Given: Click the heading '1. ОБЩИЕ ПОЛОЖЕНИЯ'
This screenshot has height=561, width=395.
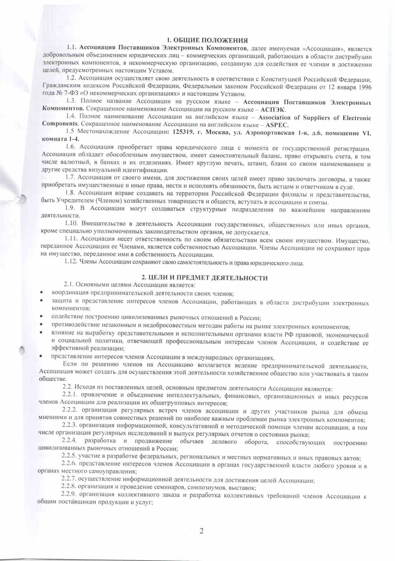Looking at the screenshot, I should coord(207,40).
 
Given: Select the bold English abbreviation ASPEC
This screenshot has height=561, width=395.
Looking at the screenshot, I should coord(277,125).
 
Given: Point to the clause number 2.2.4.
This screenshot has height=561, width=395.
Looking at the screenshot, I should coord(69,441).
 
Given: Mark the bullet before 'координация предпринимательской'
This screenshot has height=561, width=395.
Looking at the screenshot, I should coord(42,292).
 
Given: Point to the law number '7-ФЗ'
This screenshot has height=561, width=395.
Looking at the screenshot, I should coord(69,94).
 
